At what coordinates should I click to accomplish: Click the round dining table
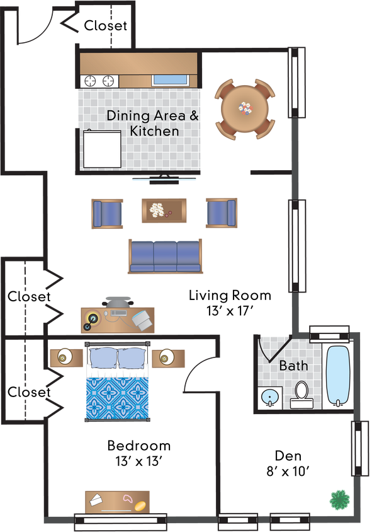[x=245, y=108]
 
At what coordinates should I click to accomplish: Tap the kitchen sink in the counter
[x=170, y=80]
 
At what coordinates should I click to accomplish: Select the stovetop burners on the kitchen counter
[x=99, y=81]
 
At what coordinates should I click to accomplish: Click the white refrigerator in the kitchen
[x=102, y=149]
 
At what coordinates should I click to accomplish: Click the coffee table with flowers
[x=164, y=210]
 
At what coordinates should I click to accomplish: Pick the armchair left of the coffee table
[x=107, y=213]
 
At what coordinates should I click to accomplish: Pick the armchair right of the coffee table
[x=221, y=213]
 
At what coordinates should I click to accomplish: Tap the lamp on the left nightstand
[x=64, y=357]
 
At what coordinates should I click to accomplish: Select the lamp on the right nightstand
[x=166, y=358]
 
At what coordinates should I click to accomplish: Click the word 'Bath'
[x=293, y=366]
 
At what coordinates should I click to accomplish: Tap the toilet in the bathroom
[x=302, y=395]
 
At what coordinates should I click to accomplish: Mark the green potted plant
[x=339, y=500]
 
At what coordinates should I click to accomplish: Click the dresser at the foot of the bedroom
[x=118, y=502]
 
